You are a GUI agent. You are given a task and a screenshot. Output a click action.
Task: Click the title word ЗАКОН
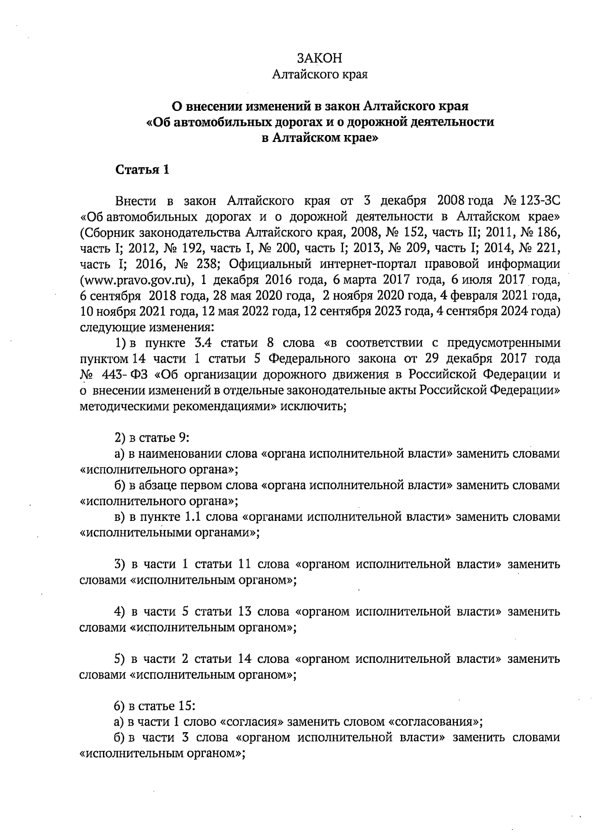click(319, 58)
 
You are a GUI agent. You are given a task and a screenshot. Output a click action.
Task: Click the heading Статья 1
click(142, 170)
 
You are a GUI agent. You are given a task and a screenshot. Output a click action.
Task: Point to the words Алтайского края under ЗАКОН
click(320, 75)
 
